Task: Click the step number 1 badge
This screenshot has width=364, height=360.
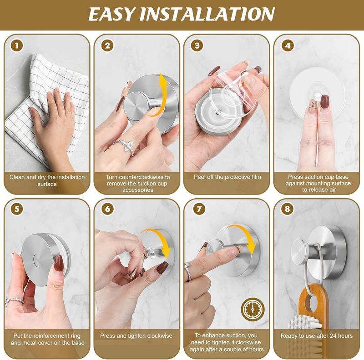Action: click(x=17, y=45)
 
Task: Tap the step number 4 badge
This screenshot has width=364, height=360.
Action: click(x=287, y=45)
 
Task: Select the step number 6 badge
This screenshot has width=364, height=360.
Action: click(x=107, y=210)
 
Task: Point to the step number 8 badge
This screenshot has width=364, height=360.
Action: click(x=287, y=210)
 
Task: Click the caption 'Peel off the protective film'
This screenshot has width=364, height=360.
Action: click(x=226, y=177)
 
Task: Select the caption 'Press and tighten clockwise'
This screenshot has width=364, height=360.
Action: click(x=136, y=336)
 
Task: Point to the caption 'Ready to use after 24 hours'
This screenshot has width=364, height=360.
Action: click(x=316, y=336)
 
